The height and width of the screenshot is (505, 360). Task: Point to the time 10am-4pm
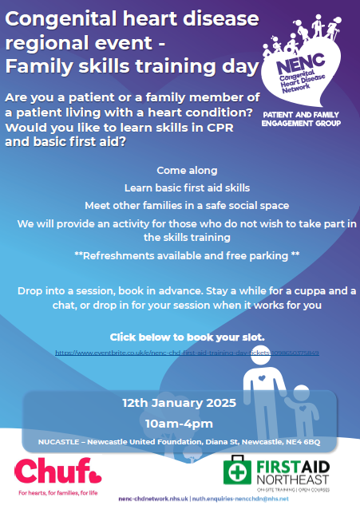pyautogui.click(x=179, y=422)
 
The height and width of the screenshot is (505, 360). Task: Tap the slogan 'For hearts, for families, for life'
pyautogui.click(x=50, y=493)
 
